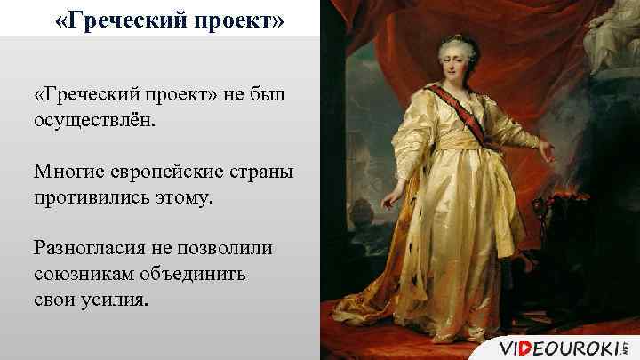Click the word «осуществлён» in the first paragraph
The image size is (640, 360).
pyautogui.click(x=92, y=119)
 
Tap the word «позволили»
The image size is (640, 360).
pyautogui.click(x=222, y=245)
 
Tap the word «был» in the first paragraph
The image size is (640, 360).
pyautogui.click(x=266, y=93)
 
